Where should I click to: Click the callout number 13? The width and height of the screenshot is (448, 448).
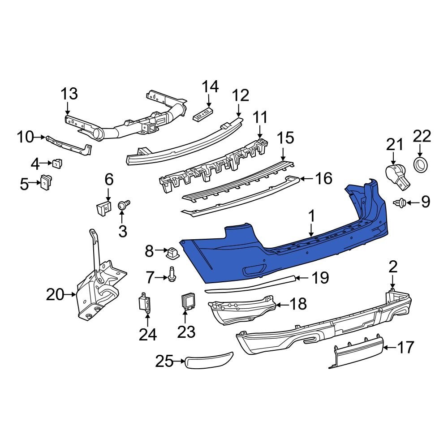[69, 94]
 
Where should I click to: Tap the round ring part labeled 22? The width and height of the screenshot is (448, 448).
[421, 164]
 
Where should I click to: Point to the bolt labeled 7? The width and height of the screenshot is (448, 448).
[172, 274]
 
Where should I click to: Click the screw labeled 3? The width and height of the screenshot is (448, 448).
[123, 206]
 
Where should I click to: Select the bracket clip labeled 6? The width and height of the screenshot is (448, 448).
[103, 208]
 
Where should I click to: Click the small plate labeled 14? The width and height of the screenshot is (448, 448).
[203, 114]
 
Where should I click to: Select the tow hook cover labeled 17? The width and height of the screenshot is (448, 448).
[358, 354]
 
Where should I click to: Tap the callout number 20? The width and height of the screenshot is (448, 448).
[56, 294]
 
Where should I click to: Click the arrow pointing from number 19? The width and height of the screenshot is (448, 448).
[302, 278]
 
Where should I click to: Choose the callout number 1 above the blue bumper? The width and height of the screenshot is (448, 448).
[311, 217]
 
